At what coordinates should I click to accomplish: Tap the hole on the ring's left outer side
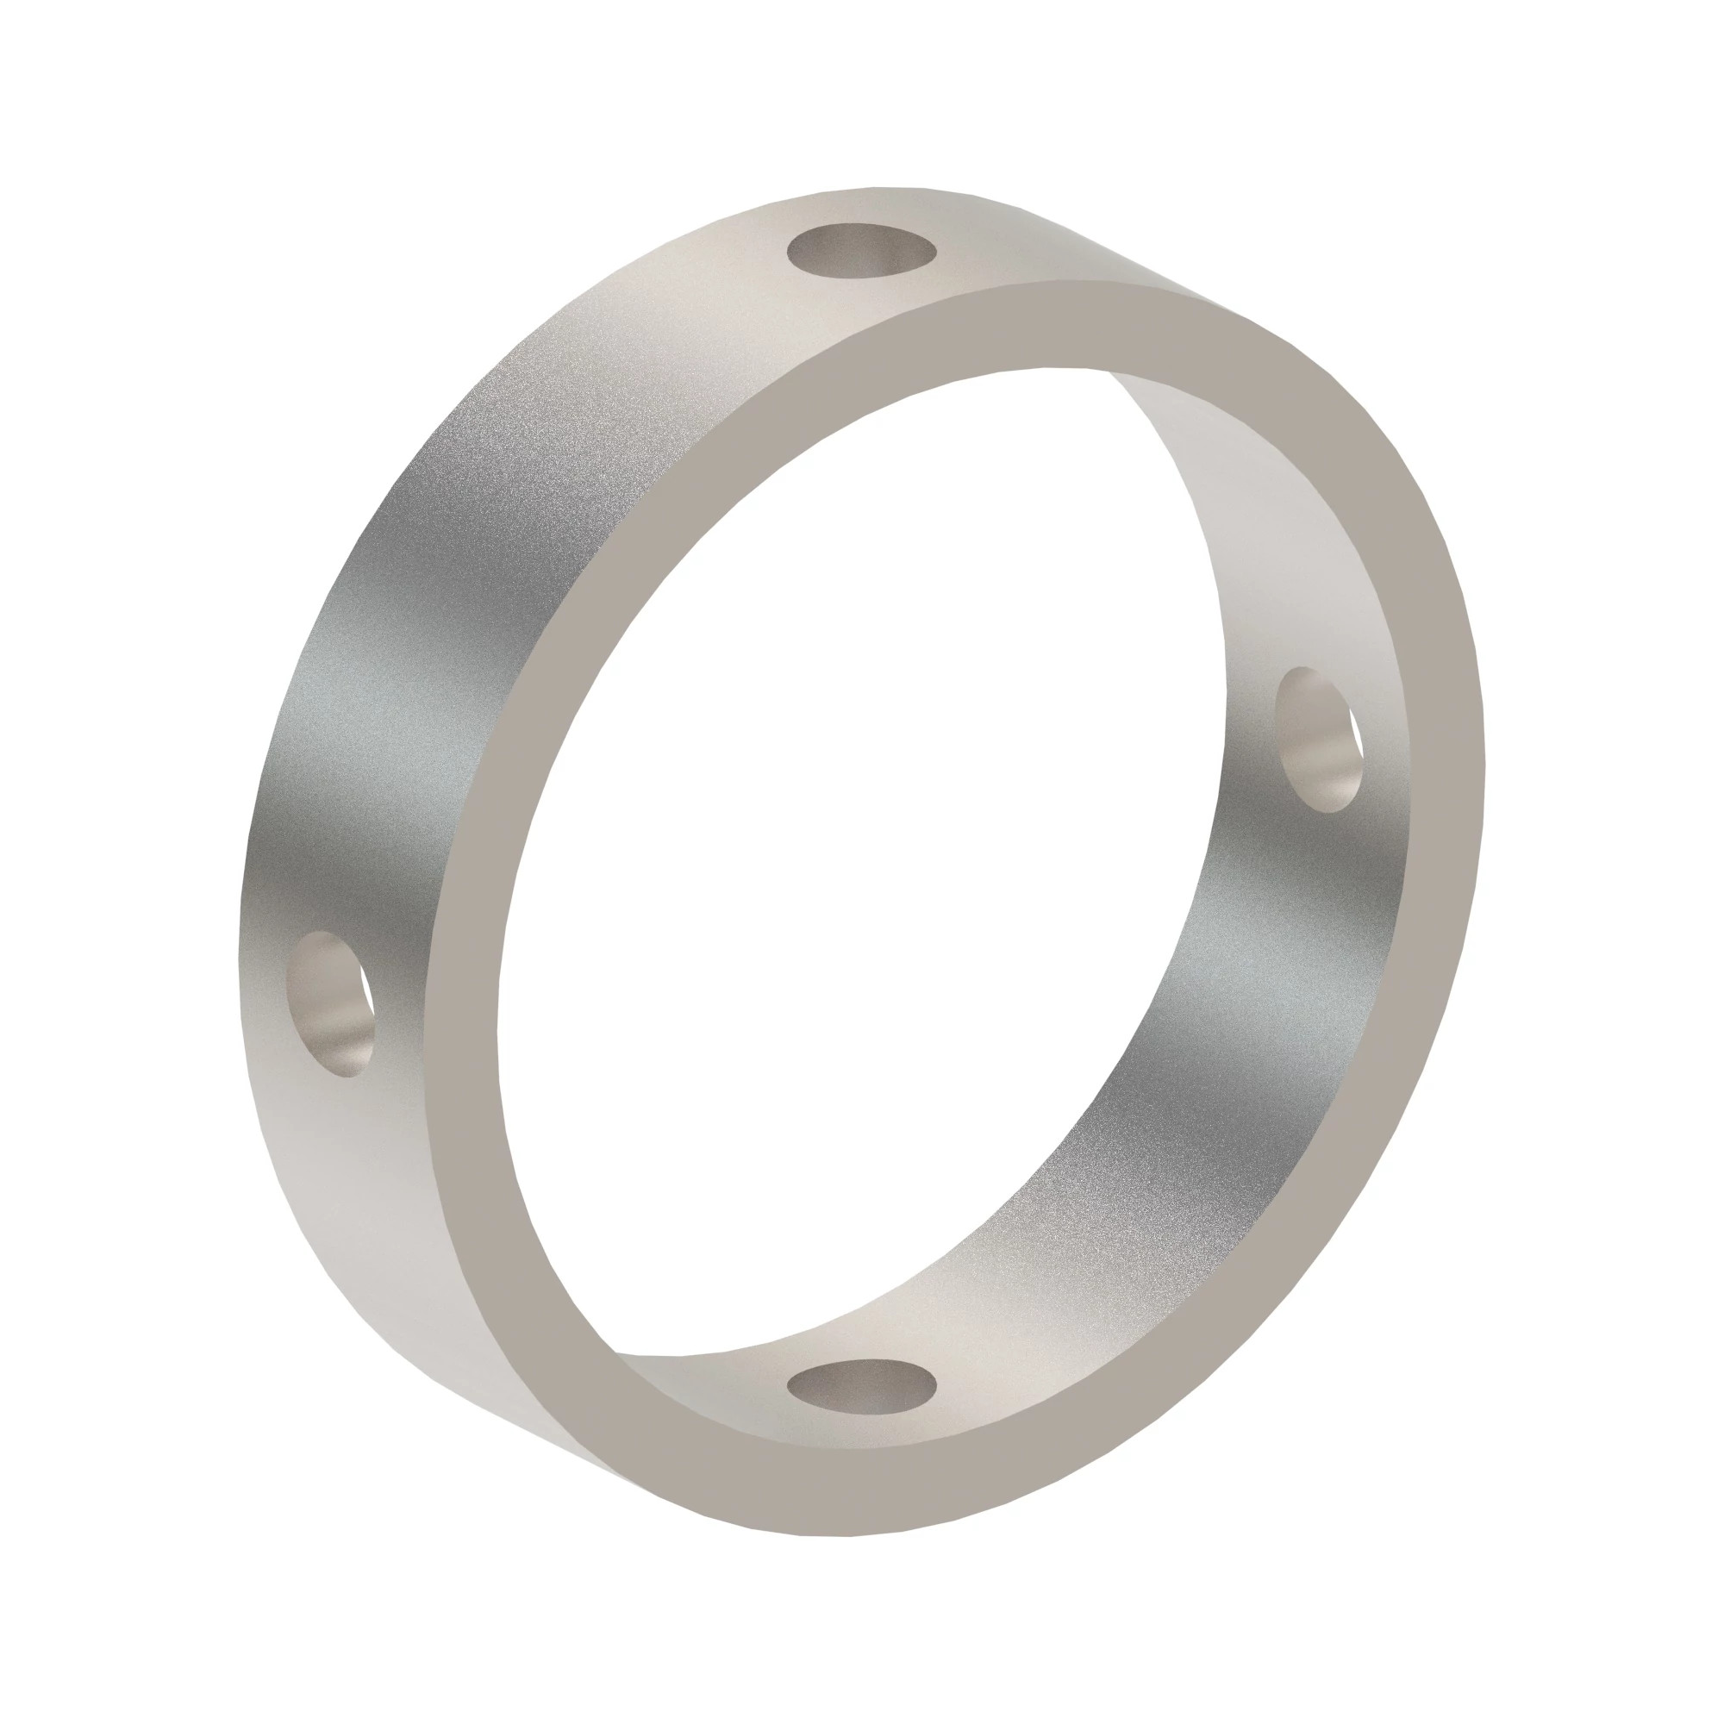(330, 1003)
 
